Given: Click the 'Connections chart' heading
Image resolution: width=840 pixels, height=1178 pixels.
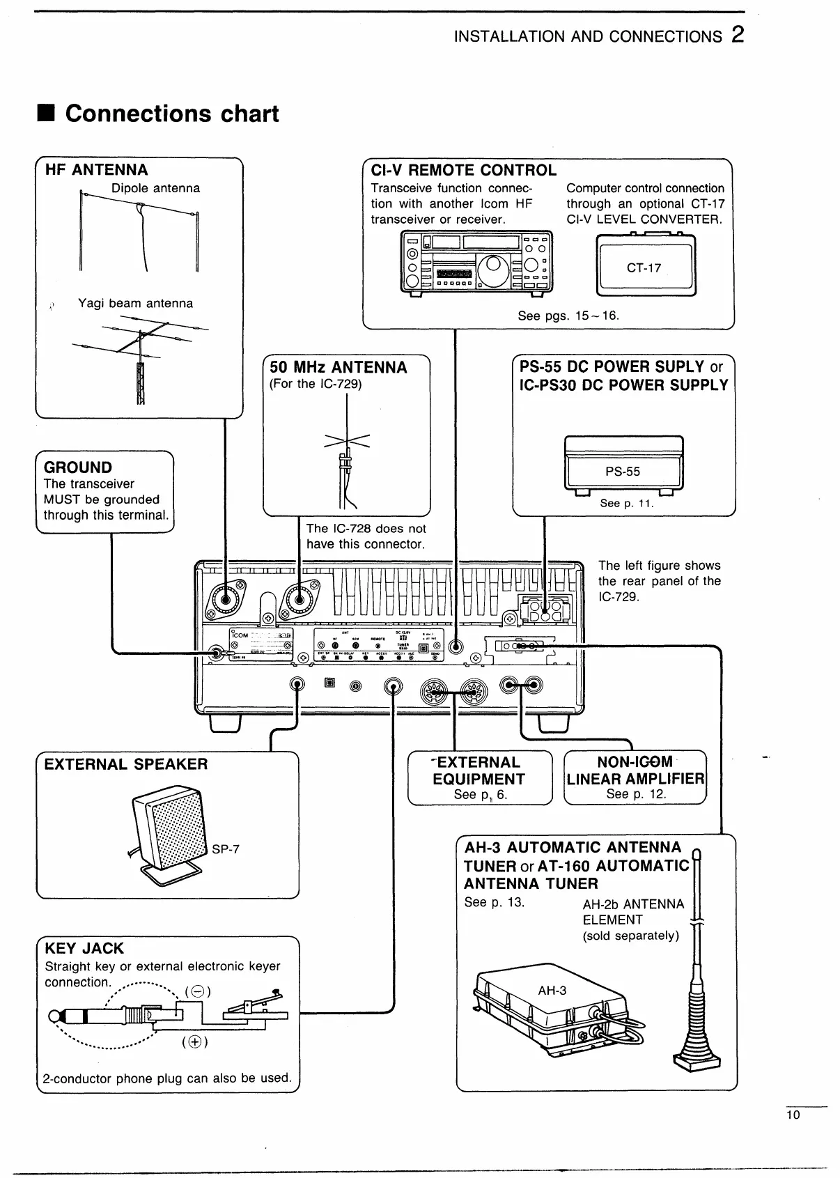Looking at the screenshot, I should tap(171, 114).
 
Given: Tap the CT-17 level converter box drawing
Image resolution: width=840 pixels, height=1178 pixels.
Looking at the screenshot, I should tap(646, 266).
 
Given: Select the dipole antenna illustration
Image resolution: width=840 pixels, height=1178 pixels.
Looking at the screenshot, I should tap(139, 230).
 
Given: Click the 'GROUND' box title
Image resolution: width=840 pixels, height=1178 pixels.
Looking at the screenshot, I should tap(78, 467).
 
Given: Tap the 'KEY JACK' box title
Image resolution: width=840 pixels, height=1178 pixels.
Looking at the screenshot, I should tap(84, 948).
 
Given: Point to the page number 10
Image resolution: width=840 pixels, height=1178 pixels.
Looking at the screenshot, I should tap(793, 1115).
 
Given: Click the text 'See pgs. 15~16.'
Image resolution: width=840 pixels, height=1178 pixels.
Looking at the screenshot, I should tap(568, 316).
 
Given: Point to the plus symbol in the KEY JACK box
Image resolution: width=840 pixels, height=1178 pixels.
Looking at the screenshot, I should tap(195, 1042).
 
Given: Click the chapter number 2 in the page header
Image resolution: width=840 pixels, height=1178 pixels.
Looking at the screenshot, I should tap(738, 35).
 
